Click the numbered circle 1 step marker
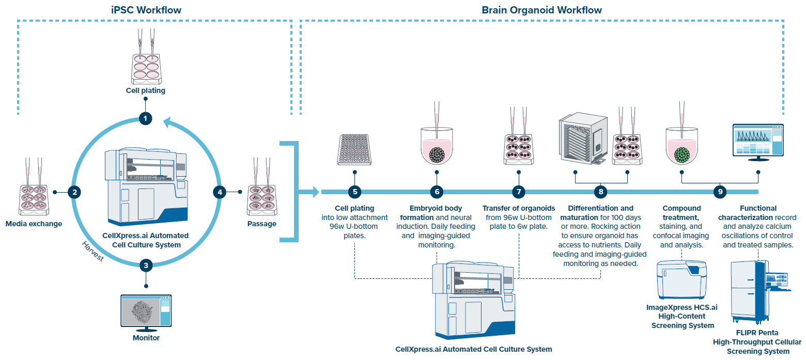(x=146, y=118)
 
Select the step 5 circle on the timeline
(x=354, y=192)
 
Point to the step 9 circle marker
(x=720, y=192)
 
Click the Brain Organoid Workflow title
(x=541, y=10)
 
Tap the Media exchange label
(x=34, y=224)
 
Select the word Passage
(x=261, y=224)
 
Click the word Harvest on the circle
(x=93, y=251)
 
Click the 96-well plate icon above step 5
(x=354, y=149)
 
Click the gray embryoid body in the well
(x=437, y=154)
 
